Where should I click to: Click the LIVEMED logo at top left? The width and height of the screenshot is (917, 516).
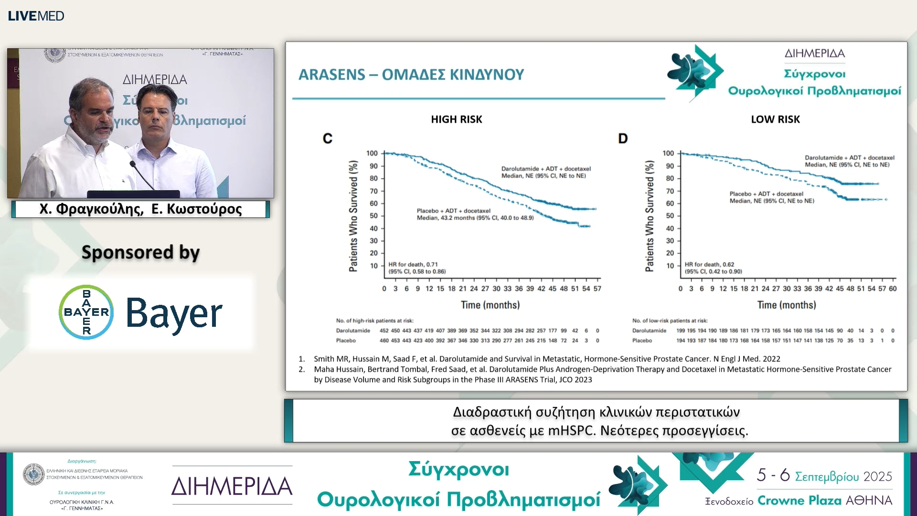click(x=36, y=16)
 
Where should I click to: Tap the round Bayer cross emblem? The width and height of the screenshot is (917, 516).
click(x=86, y=312)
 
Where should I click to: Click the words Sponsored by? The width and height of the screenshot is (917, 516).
click(x=140, y=252)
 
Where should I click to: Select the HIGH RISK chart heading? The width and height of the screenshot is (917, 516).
click(x=456, y=119)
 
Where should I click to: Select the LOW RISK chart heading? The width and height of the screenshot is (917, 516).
click(x=775, y=119)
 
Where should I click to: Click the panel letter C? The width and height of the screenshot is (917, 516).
click(x=327, y=139)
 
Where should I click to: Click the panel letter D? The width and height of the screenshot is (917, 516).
click(x=622, y=139)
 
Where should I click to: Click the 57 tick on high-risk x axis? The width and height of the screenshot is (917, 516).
click(x=597, y=289)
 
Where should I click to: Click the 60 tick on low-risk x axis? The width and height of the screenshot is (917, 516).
click(x=892, y=289)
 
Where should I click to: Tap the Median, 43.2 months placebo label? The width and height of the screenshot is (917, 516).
click(x=475, y=218)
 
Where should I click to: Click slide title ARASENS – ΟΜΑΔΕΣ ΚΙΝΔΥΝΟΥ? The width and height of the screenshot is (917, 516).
click(x=411, y=75)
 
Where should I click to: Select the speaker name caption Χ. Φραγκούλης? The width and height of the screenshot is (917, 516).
click(x=91, y=209)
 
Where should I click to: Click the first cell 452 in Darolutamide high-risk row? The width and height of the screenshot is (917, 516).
click(x=384, y=331)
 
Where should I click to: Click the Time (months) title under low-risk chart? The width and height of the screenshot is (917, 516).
click(x=786, y=305)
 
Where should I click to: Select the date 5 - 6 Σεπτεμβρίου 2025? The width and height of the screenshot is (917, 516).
click(x=824, y=475)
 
